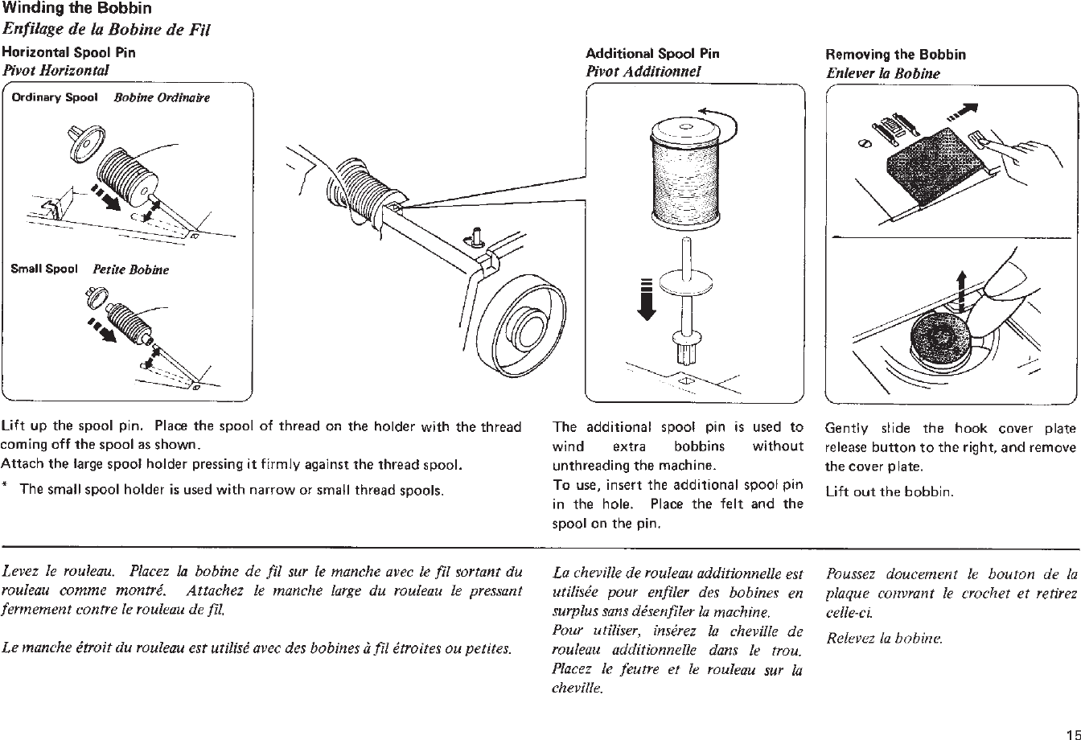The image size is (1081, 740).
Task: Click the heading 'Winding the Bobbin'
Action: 77,10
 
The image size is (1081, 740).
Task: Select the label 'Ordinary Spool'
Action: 55,97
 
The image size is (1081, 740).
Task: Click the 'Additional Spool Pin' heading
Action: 652,54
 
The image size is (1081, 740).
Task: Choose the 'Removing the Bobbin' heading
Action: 895,55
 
